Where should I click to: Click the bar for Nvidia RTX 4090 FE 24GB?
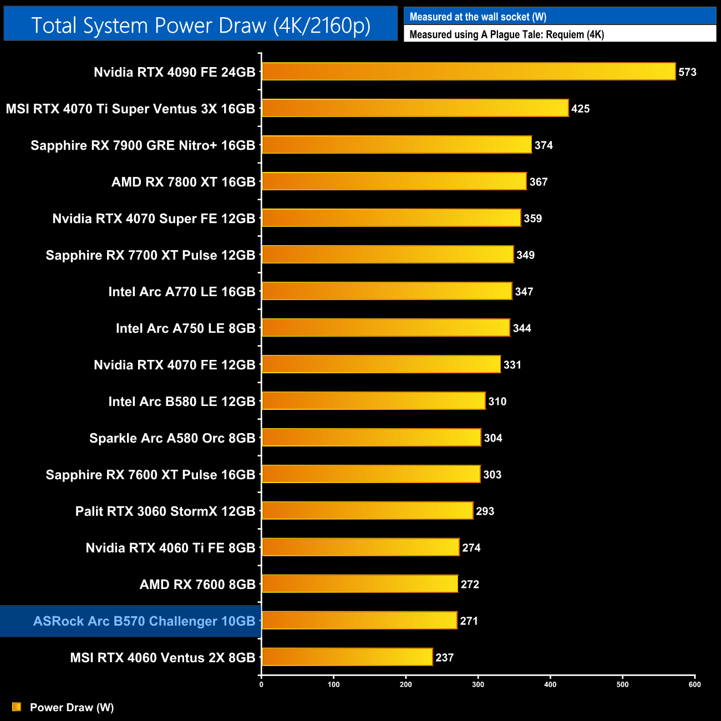pyautogui.click(x=469, y=72)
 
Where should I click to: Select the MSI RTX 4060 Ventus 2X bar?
pyautogui.click(x=347, y=657)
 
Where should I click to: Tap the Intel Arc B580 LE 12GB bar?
pyautogui.click(x=374, y=401)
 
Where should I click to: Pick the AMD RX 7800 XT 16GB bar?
pyautogui.click(x=394, y=181)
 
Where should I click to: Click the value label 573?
pyautogui.click(x=687, y=72)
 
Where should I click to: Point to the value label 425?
pyautogui.click(x=580, y=109)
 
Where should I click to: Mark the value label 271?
pyautogui.click(x=469, y=621)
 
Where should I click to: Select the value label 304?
pyautogui.click(x=492, y=438)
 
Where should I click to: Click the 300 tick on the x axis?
pyautogui.click(x=478, y=684)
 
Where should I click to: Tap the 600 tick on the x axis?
pyautogui.click(x=694, y=684)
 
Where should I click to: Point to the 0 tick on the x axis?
pyautogui.click(x=261, y=684)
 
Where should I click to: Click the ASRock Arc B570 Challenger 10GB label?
pyautogui.click(x=144, y=621)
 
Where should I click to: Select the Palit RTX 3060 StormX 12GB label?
pyautogui.click(x=165, y=511)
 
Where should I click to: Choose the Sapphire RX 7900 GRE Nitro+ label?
pyautogui.click(x=143, y=145)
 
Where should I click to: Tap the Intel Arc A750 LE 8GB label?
pyautogui.click(x=185, y=328)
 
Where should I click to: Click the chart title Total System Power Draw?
pyautogui.click(x=201, y=26)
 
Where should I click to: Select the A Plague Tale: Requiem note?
pyautogui.click(x=506, y=34)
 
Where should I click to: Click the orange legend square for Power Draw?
pyautogui.click(x=17, y=707)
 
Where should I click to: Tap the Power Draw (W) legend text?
pyautogui.click(x=72, y=707)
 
